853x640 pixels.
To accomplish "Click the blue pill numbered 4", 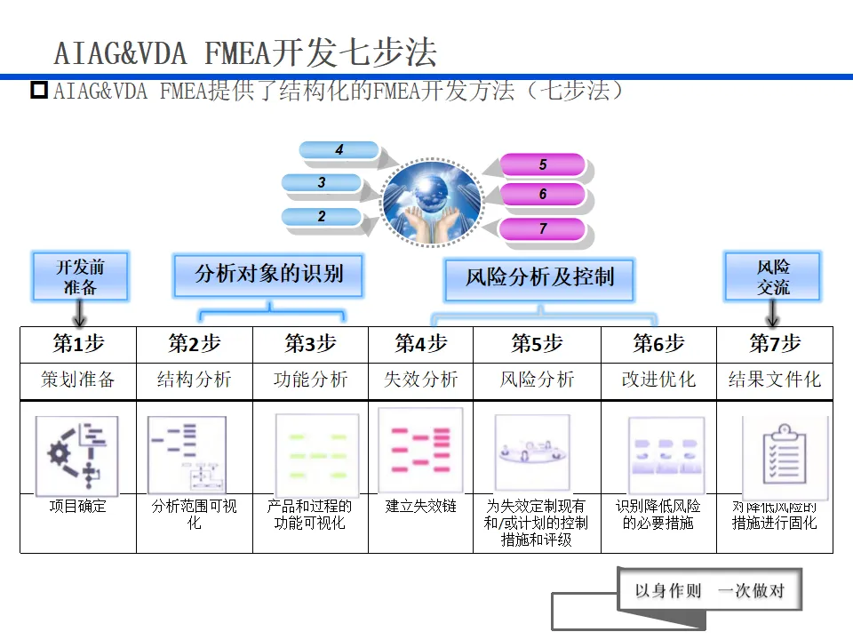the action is [339, 150].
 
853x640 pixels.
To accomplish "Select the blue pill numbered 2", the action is [322, 216].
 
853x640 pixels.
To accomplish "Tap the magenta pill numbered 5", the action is [542, 164].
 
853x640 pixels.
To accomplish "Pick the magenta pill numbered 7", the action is [542, 228].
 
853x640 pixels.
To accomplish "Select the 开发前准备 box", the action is [80, 276].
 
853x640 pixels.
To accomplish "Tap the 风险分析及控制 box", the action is [539, 277].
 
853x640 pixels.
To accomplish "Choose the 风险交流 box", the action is [773, 276].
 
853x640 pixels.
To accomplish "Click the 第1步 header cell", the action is [78, 344].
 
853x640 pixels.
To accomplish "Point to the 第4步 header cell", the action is [420, 344].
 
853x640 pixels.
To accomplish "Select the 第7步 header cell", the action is [774, 344].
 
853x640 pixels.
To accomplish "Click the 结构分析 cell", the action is [194, 380].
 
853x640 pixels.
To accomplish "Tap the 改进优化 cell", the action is [658, 380].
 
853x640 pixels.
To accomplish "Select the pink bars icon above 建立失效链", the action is [420, 450].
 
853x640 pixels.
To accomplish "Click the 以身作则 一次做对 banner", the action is [708, 591].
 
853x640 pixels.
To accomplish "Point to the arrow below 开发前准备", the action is [80, 313].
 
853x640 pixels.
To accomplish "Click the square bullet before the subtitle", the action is [39, 90].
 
